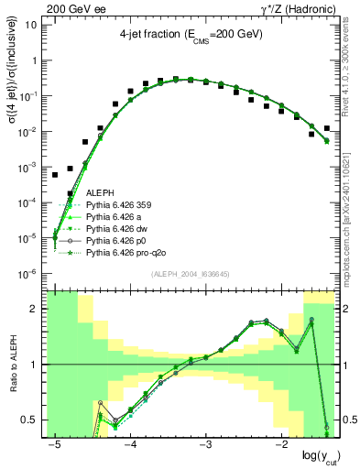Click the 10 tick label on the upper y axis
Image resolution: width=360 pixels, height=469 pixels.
coord(30,25)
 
